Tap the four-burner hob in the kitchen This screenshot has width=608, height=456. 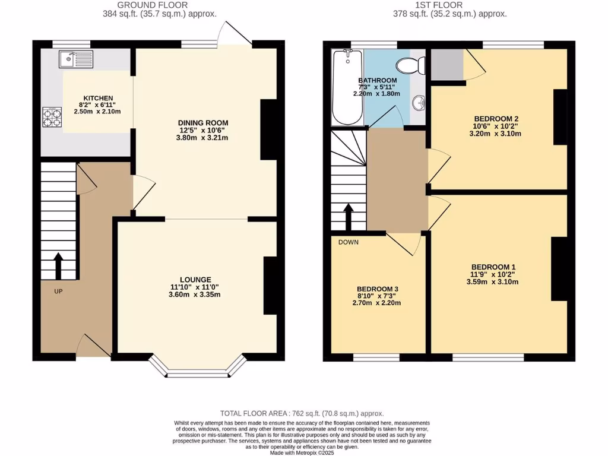pos(52,116)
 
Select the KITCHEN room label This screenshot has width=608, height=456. pos(98,99)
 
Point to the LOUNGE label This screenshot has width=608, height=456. pos(195,279)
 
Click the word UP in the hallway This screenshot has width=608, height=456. pos(58,291)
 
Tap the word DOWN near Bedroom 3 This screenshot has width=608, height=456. pos(348,242)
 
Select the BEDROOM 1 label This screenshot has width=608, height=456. pos(493,267)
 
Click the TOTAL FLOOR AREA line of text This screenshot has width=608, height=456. pos(302,413)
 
